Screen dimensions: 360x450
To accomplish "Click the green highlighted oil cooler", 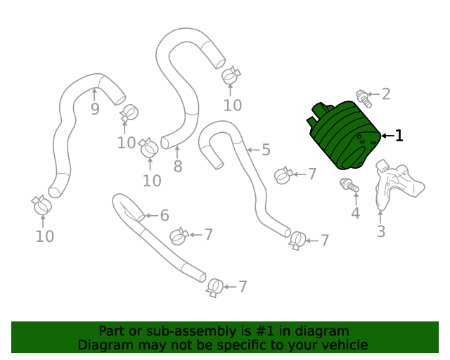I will [345, 137].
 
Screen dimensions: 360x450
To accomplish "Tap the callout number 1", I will [399, 136].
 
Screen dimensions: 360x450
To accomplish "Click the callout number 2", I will [385, 94].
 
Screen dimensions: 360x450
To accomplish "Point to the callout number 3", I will [380, 231].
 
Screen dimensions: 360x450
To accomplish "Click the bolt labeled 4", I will [349, 186].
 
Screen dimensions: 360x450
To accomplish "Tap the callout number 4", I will [355, 213].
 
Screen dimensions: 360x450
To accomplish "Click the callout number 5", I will [266, 149].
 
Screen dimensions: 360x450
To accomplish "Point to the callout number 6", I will [165, 215].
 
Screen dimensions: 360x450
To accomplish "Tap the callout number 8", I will [178, 167].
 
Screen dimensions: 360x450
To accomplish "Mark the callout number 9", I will [95, 109].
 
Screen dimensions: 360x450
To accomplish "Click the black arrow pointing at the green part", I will [387, 136].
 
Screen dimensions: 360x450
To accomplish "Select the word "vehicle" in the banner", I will [342, 345].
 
